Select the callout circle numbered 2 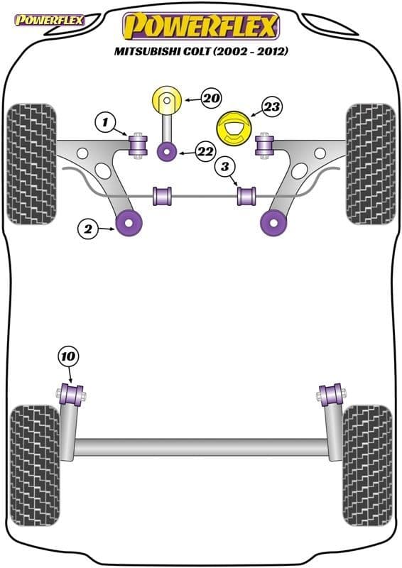pos(88,229)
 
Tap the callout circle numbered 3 pos(225,166)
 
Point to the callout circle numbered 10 pos(68,357)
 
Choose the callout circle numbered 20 pos(211,98)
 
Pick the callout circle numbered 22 pos(205,151)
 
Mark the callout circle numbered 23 pos(271,106)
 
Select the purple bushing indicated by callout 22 pos(167,151)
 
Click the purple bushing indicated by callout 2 pos(129,223)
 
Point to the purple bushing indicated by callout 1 pos(138,146)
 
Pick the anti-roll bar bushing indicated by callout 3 pos(246,196)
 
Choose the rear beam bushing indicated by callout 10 pos(72,395)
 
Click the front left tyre pos(32,164)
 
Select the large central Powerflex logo pos(201,26)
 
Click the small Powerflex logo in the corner pos(50,21)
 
